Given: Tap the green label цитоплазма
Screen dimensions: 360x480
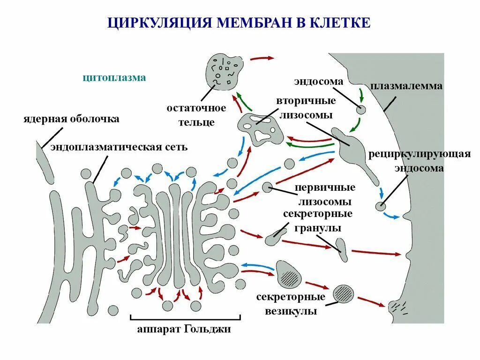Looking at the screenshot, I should point(114,78).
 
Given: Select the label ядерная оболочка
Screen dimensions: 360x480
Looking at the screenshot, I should point(71,119).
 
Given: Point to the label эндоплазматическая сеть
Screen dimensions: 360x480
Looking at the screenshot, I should point(119,147).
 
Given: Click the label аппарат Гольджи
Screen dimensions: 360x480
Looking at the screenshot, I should point(184,329).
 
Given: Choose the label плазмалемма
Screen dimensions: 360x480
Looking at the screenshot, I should point(406,86).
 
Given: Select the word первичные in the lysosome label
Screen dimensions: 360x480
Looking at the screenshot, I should point(325,187).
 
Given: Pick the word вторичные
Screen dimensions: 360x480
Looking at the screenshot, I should point(306,101).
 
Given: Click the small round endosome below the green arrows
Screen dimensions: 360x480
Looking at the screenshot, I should point(361,110).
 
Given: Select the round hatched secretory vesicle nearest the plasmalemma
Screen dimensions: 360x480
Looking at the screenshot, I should point(343,294).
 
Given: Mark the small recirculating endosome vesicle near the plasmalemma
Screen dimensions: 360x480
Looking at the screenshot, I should point(381,206).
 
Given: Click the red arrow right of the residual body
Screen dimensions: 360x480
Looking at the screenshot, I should point(262,59).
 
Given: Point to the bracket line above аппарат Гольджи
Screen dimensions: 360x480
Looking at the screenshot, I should point(184,318).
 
